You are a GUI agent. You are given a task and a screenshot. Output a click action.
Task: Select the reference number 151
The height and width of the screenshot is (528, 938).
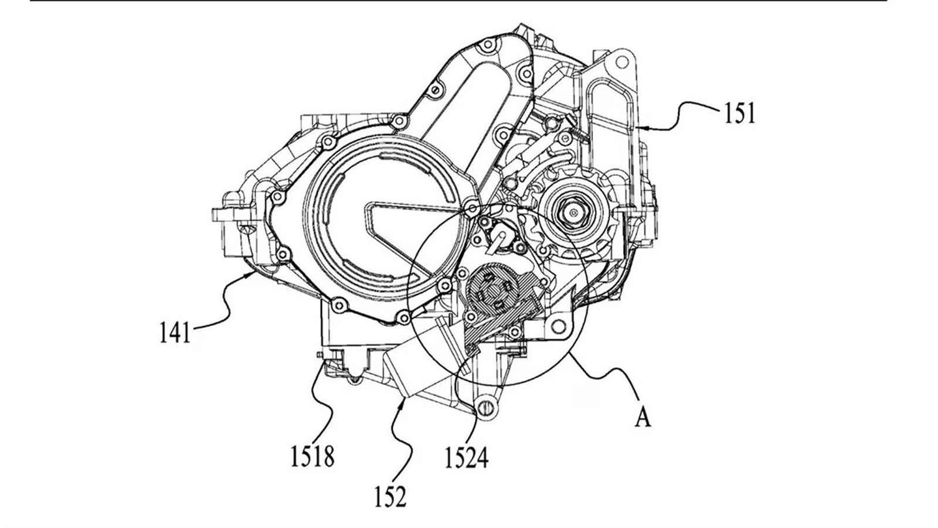740,113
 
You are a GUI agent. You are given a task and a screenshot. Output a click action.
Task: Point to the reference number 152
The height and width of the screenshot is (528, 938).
390,496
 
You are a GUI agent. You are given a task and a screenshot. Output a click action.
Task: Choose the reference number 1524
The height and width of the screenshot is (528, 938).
466,458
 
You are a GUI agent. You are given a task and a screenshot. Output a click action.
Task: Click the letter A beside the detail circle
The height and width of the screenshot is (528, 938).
643,417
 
